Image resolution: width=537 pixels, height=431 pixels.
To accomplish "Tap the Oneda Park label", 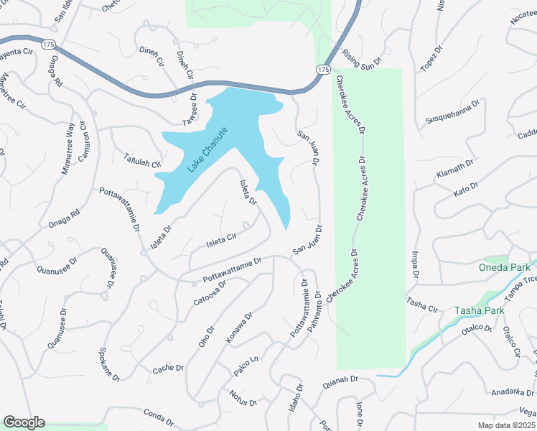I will point(504,268).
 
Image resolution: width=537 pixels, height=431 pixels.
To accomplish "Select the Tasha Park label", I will point(478,311).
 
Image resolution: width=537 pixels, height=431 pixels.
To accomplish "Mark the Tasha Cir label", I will point(421,304).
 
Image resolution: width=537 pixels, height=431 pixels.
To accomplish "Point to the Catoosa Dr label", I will point(210,292).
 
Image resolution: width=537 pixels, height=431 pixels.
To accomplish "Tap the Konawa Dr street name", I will point(239,328).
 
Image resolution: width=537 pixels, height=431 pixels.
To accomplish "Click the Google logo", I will point(24,422).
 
